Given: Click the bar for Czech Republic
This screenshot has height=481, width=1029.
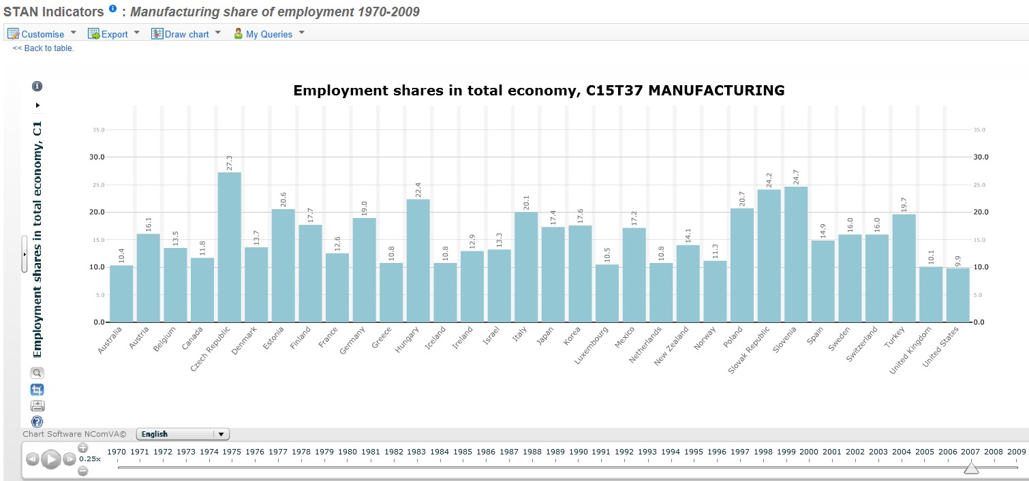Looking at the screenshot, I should pyautogui.click(x=229, y=247).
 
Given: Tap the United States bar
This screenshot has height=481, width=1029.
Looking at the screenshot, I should pyautogui.click(x=957, y=294).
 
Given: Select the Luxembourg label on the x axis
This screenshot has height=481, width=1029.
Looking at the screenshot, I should pyautogui.click(x=592, y=345).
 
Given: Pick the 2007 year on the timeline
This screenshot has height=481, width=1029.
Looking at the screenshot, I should pyautogui.click(x=970, y=452).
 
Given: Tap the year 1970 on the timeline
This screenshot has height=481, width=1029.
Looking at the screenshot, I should pyautogui.click(x=117, y=452).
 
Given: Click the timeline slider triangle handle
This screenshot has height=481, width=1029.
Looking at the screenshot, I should pyautogui.click(x=971, y=467).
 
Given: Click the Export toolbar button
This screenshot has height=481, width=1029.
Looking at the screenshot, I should pyautogui.click(x=114, y=34).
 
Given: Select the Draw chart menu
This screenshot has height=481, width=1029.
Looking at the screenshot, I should pyautogui.click(x=186, y=34).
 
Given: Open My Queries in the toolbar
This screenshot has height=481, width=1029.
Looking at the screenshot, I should pyautogui.click(x=268, y=34).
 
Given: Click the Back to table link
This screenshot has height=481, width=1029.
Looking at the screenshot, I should pyautogui.click(x=43, y=48).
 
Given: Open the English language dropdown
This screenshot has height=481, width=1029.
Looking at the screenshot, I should pyautogui.click(x=183, y=434).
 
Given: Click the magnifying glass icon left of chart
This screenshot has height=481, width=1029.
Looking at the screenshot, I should pyautogui.click(x=37, y=373).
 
